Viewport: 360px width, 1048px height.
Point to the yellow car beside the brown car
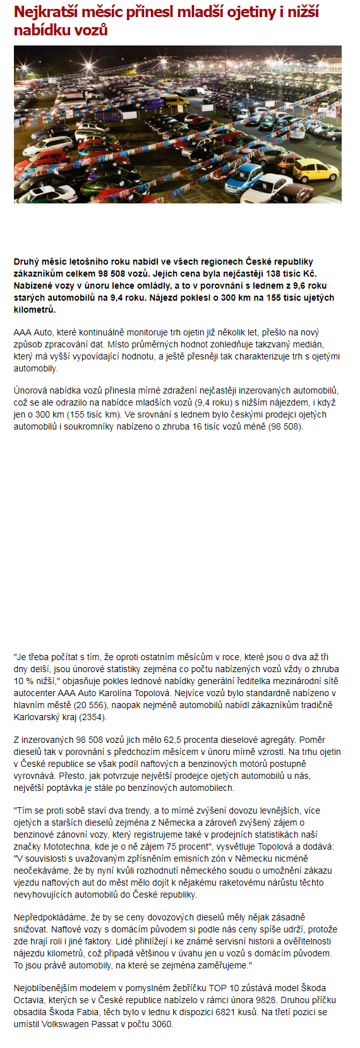point(316,169)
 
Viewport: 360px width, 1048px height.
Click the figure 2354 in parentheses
point(91,717)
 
